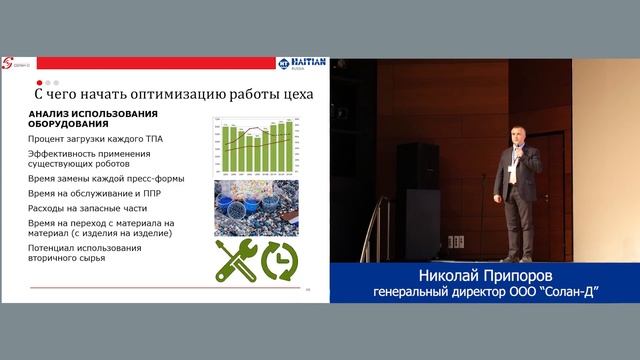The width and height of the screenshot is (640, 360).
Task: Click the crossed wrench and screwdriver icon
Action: [236, 259]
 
